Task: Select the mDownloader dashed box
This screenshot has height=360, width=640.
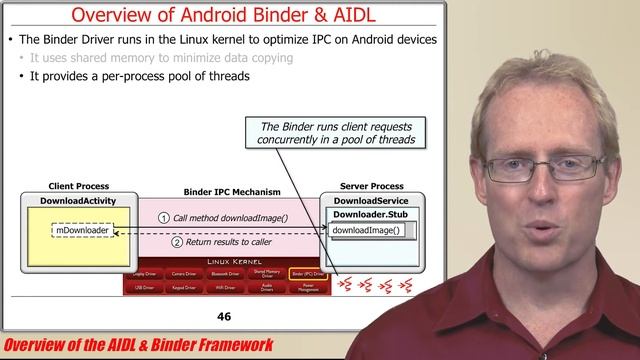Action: [81, 232]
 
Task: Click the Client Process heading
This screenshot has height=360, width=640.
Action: [78, 186]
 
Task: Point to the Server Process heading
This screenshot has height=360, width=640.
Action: [371, 186]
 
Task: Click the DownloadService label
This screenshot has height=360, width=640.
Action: [371, 201]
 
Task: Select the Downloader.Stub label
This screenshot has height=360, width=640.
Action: [371, 215]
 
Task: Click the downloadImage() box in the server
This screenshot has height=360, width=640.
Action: [366, 232]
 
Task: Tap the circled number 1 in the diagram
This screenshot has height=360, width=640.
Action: [164, 218]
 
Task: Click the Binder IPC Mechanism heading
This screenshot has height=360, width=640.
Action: [232, 191]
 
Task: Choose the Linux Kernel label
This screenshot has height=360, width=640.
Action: [231, 262]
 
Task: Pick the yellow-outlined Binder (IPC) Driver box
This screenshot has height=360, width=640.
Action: [305, 273]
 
